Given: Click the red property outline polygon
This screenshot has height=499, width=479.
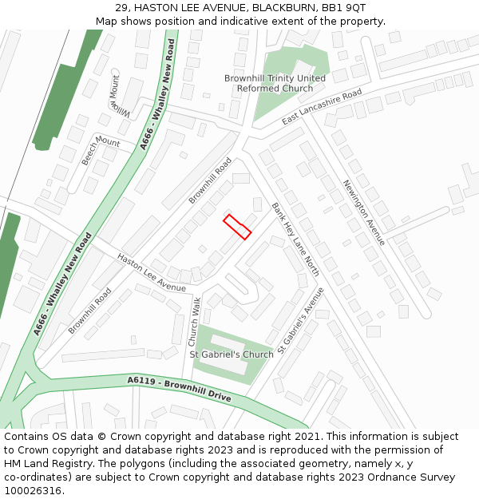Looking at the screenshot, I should point(237,226).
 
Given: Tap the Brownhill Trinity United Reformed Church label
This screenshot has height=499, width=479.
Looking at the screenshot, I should point(275,83).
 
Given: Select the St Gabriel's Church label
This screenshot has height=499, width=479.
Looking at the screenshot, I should point(231,354).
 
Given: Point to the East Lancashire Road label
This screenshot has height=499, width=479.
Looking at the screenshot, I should point(322,107).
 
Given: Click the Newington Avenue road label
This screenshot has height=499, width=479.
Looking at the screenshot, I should point(363,212).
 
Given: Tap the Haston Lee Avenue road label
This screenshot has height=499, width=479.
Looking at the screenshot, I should point(151,272).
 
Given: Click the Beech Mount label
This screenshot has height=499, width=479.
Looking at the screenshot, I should point(100,150).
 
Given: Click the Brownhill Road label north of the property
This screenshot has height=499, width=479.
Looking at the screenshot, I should point(210,180).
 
